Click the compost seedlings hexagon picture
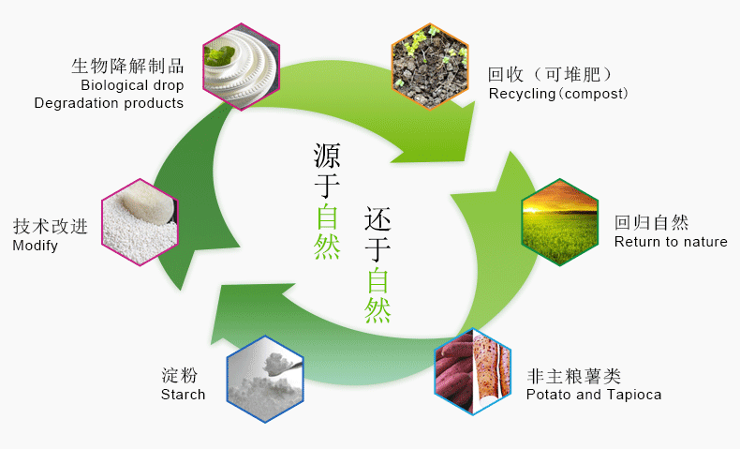[x=429, y=65]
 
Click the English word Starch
[x=183, y=395]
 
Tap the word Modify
[x=35, y=246]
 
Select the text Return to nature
[x=671, y=242]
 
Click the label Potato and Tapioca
[x=593, y=395]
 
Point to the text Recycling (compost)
[x=558, y=94]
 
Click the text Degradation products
[x=109, y=102]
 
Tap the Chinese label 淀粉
[x=179, y=375]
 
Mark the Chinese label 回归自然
[x=651, y=222]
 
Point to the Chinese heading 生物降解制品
[x=127, y=66]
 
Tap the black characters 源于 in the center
[x=327, y=170]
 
